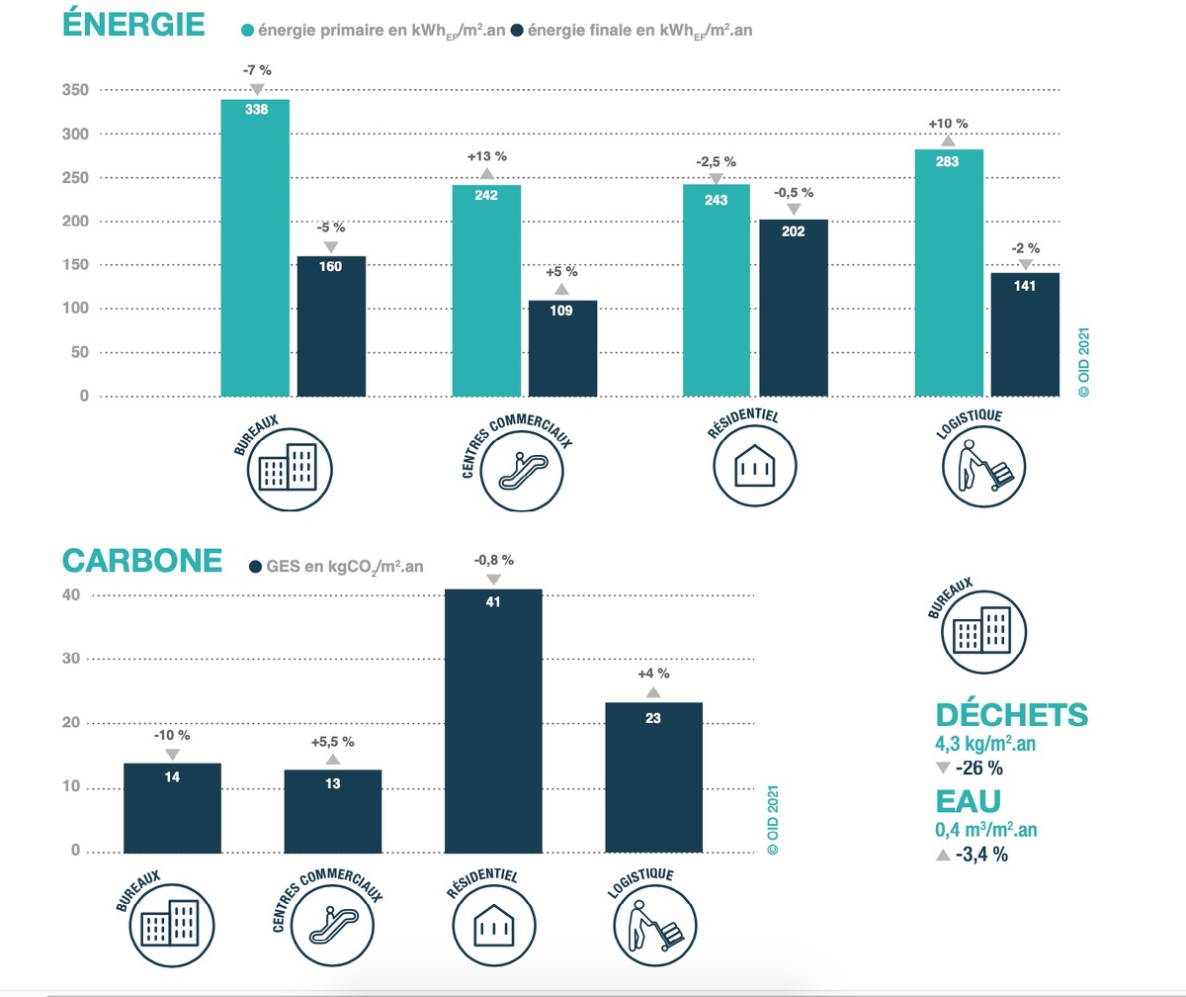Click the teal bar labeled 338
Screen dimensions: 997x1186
coord(255,247)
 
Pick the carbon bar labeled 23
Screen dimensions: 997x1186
coord(653,776)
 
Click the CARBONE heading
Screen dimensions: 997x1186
coord(141,560)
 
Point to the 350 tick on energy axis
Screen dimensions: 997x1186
coord(76,90)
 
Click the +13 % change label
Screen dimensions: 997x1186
coord(486,156)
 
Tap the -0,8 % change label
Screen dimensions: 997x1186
coord(493,560)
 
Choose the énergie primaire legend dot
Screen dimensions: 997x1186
coord(247,30)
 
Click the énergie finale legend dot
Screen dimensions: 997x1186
coord(518,30)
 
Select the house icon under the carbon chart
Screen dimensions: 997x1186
coord(492,928)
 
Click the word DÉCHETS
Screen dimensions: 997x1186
coord(1011,714)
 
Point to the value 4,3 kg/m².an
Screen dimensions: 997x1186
coord(991,743)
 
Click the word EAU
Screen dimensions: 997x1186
coord(969,800)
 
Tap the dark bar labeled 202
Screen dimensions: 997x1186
coord(793,307)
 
